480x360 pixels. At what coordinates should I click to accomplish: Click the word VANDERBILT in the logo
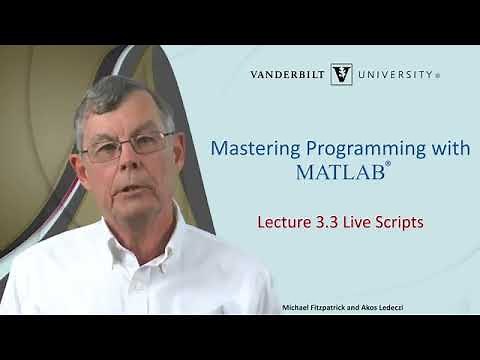(291, 74)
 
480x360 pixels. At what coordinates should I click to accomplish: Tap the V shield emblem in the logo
(341, 74)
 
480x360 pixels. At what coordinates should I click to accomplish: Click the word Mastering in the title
(249, 148)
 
